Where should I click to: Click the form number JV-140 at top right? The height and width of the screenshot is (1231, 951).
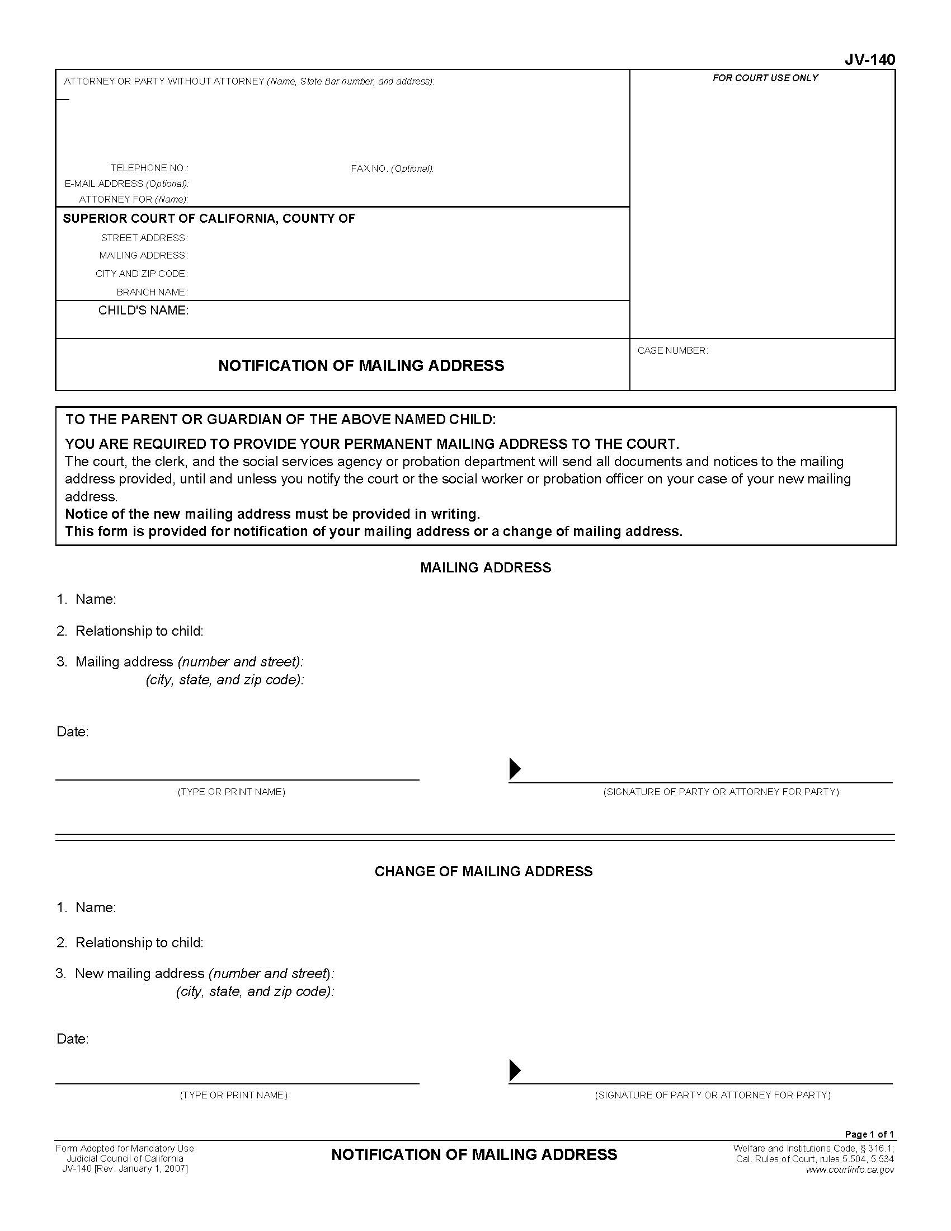click(869, 59)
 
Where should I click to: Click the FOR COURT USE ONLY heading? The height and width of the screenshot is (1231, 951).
click(765, 78)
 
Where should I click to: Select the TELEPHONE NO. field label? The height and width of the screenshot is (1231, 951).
click(149, 168)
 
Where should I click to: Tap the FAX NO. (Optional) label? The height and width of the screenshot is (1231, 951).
click(392, 168)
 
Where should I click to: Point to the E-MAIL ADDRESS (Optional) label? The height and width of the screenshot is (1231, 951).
click(126, 184)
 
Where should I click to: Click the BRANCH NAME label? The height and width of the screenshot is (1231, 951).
click(152, 292)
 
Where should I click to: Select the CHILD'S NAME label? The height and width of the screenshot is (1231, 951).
click(143, 311)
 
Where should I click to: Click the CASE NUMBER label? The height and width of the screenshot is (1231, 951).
click(672, 351)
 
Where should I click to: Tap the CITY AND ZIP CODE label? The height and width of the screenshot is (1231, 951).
click(142, 274)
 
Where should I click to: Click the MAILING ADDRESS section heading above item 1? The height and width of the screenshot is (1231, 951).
click(485, 567)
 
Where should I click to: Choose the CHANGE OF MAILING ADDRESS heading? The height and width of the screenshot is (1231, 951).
click(483, 871)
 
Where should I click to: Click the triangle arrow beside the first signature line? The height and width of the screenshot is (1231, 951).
click(514, 768)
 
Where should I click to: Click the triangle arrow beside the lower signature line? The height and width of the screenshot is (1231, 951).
click(514, 1070)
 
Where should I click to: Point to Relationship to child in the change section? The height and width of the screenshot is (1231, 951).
click(139, 942)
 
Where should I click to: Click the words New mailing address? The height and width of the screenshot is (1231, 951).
click(140, 974)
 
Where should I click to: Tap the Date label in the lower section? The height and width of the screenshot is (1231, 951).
click(73, 1039)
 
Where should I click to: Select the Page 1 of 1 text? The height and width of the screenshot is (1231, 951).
click(869, 1134)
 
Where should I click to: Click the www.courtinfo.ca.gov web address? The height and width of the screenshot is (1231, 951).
click(850, 1169)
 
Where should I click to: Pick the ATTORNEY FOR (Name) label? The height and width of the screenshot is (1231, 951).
click(134, 200)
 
